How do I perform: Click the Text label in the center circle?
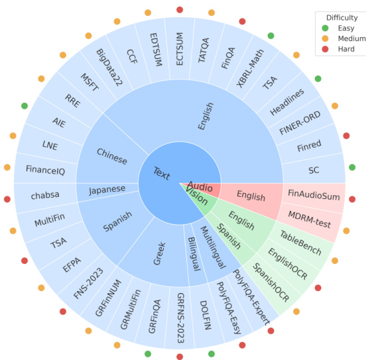(x=162, y=174)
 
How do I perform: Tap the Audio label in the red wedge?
(x=200, y=186)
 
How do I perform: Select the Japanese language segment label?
(x=107, y=190)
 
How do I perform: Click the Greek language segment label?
(x=160, y=253)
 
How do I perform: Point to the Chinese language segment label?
(x=112, y=156)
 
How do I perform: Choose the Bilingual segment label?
(x=194, y=254)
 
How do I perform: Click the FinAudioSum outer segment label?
(x=314, y=195)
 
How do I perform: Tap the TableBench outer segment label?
(x=301, y=243)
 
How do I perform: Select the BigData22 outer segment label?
(x=109, y=68)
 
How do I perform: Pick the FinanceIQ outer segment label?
(x=46, y=170)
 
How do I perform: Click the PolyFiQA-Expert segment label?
(x=252, y=298)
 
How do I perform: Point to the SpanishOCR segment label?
(x=271, y=282)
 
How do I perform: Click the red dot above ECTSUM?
(x=180, y=10)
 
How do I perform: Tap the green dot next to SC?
(x=352, y=167)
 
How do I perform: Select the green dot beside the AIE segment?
(x=25, y=106)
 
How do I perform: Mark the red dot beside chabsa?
(x=7, y=199)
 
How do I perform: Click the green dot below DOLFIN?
(x=212, y=354)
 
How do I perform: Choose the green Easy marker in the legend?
(x=325, y=28)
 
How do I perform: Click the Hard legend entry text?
(x=346, y=49)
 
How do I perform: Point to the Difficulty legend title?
(x=342, y=18)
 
